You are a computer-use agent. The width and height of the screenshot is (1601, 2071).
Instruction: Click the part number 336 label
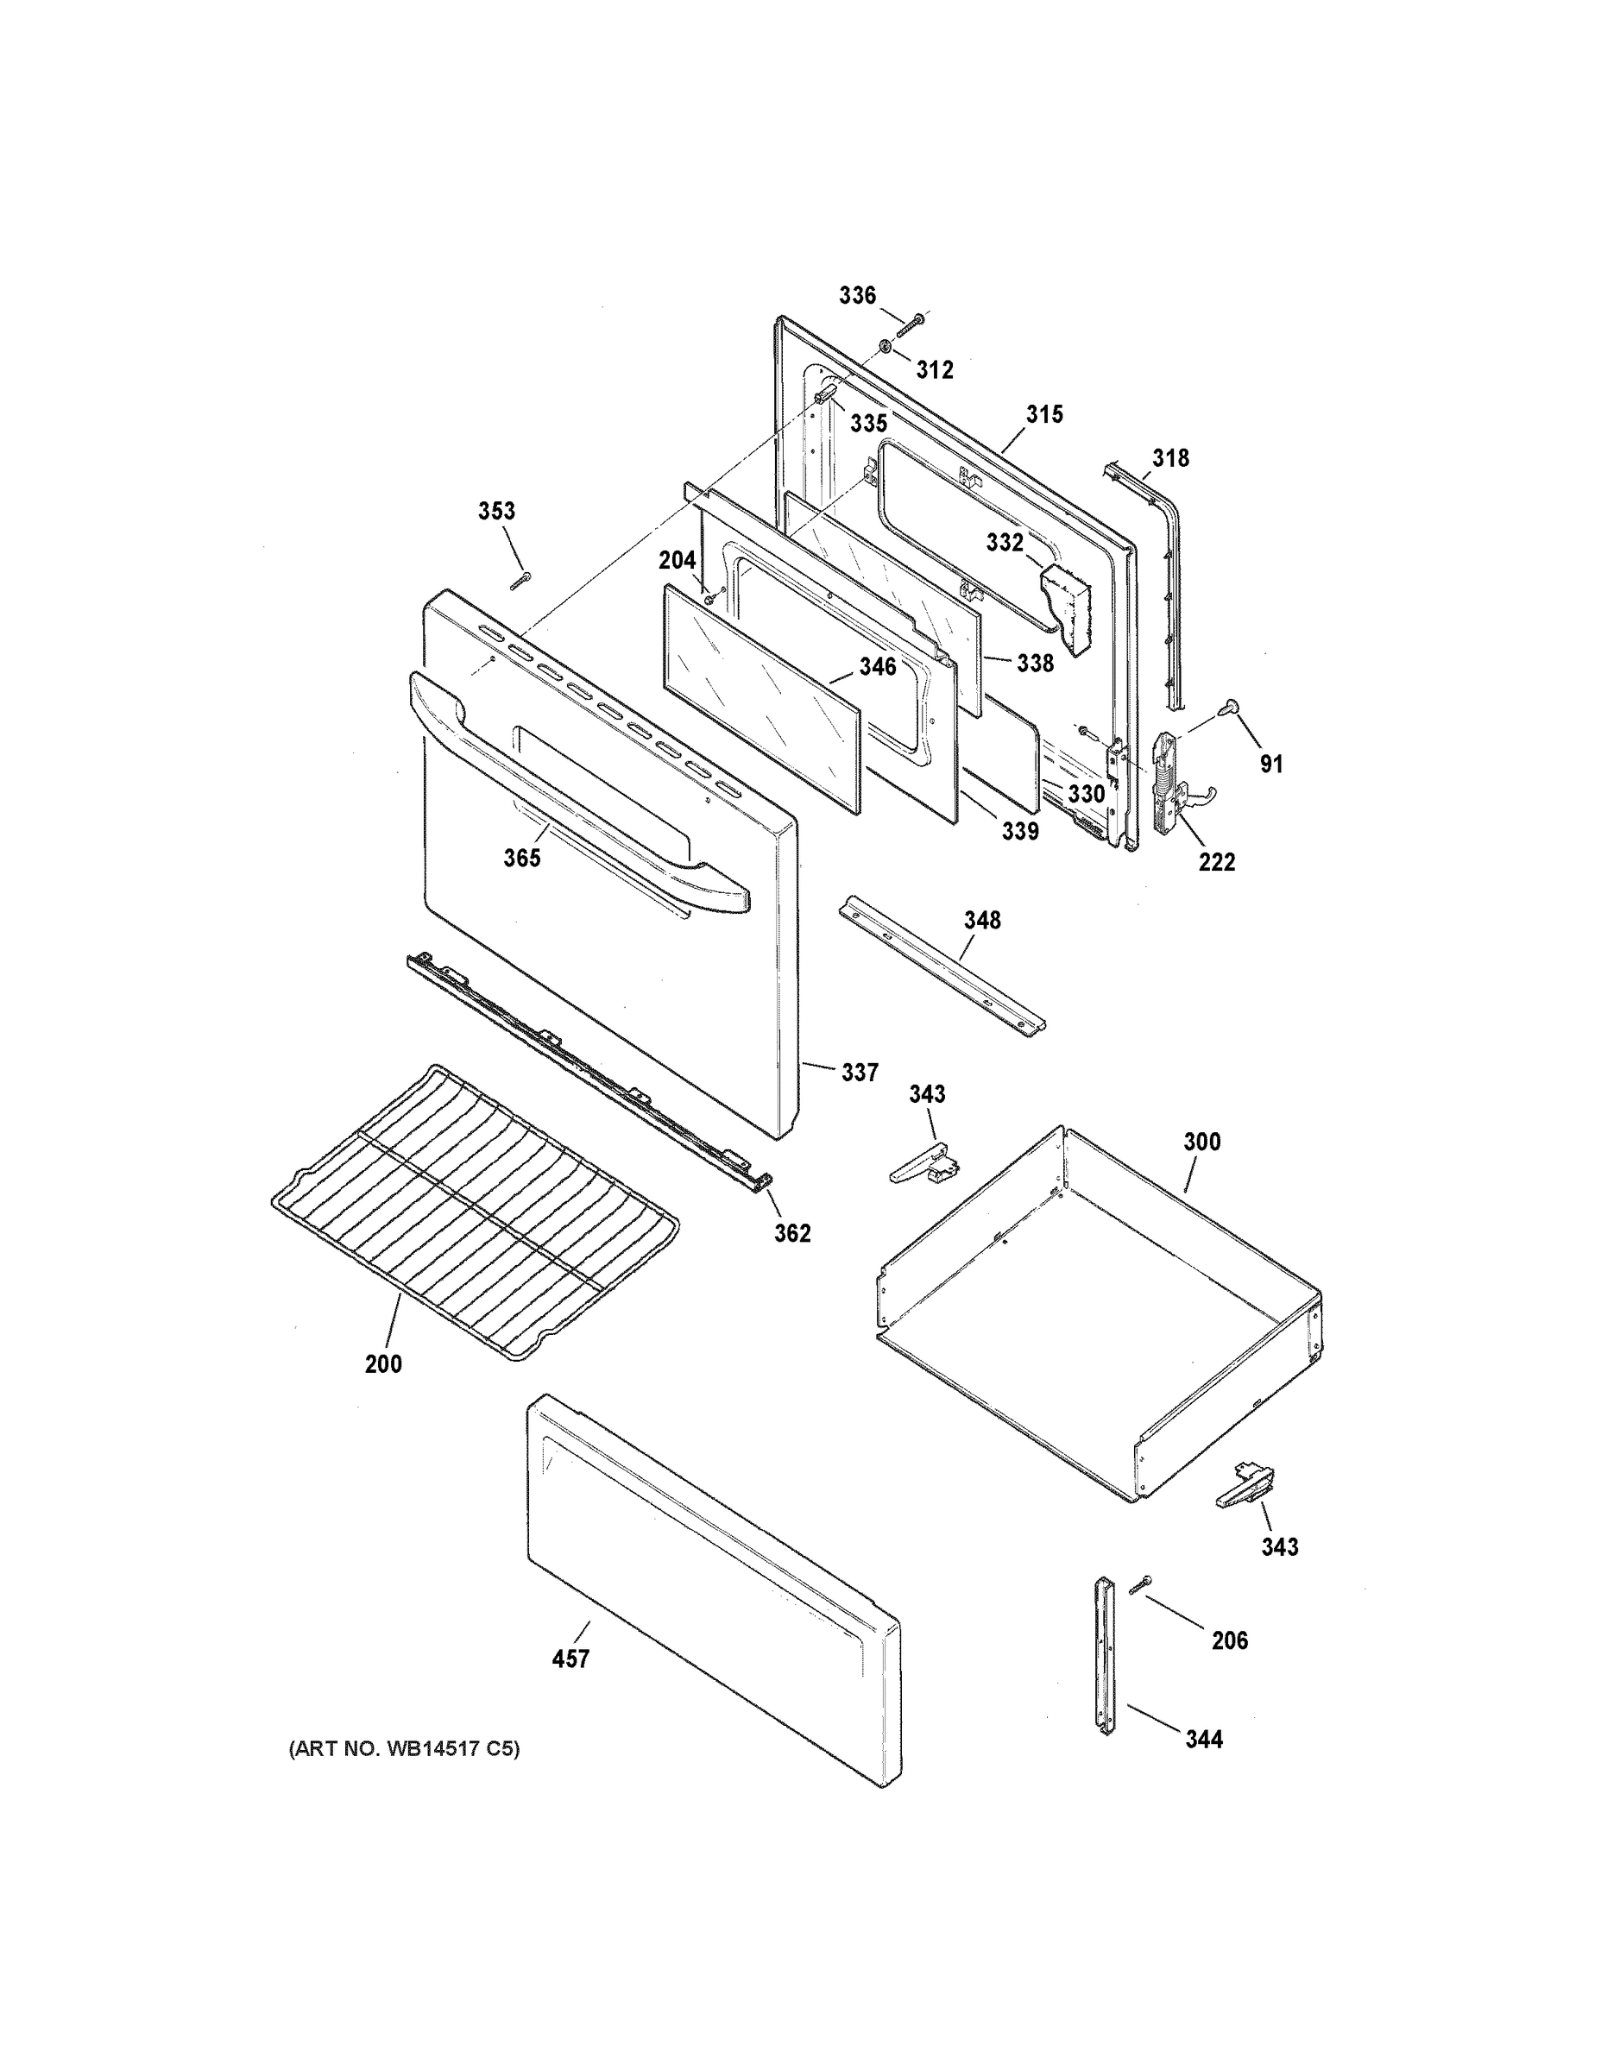click(x=856, y=296)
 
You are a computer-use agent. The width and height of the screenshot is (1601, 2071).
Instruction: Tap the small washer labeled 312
click(x=884, y=348)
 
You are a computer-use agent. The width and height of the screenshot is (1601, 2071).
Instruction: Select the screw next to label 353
click(x=520, y=581)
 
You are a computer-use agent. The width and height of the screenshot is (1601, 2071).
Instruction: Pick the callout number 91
click(x=1271, y=764)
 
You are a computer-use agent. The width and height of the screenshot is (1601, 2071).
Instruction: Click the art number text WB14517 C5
click(x=404, y=1748)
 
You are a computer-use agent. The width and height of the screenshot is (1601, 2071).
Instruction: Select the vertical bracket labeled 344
click(x=1104, y=1655)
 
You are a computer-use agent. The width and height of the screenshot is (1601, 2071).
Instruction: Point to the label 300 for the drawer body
click(x=1201, y=1142)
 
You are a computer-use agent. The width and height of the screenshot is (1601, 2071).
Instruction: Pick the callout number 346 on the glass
click(x=878, y=667)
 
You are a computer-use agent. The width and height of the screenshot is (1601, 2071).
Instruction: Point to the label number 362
click(x=792, y=1233)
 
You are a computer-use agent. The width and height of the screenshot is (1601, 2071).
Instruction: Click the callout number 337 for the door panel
click(x=860, y=1073)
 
